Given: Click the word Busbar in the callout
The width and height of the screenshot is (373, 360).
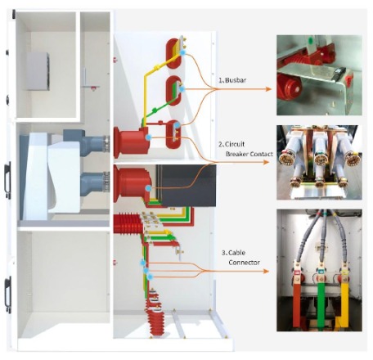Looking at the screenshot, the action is click(x=236, y=80).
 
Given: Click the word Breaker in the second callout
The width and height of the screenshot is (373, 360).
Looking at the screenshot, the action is click(x=237, y=154).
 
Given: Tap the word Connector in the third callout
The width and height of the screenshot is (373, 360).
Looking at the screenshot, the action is click(x=244, y=263).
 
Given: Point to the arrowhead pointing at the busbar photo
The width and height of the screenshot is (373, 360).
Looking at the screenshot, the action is click(x=268, y=89).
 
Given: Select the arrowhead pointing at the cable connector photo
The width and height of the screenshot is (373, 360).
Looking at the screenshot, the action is click(x=266, y=271).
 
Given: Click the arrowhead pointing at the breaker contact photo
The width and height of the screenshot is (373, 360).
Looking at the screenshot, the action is click(x=267, y=162).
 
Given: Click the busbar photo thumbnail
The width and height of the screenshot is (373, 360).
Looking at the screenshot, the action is click(x=319, y=75).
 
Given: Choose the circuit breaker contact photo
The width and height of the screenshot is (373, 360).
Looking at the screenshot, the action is click(x=319, y=163).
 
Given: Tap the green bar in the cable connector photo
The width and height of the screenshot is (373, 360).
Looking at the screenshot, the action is click(x=321, y=304).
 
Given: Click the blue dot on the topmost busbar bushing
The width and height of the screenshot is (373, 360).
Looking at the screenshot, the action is click(x=183, y=53).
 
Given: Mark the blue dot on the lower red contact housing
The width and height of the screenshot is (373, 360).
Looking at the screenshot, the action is click(x=148, y=188).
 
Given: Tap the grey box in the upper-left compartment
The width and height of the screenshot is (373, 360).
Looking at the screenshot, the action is click(x=38, y=71).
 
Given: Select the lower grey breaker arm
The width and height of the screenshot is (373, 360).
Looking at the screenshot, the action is click(x=95, y=183).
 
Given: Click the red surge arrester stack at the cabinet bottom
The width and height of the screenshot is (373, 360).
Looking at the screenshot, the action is click(x=155, y=313).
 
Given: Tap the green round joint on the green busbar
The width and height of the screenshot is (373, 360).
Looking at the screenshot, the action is click(x=155, y=110).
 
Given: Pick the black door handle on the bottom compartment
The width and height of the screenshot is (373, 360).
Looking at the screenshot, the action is click(x=8, y=295).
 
